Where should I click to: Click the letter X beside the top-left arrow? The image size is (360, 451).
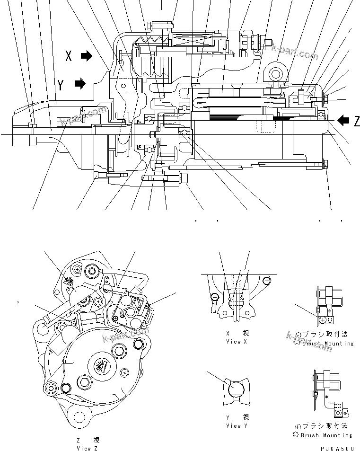click(69, 56)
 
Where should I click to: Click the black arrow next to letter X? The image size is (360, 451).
click(87, 56)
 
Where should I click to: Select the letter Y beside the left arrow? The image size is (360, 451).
click(61, 85)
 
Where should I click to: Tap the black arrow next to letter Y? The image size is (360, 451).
click(80, 85)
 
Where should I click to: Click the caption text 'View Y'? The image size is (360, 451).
click(233, 425)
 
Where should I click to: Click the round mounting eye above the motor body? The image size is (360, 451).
click(275, 72)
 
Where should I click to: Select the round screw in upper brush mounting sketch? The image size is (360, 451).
click(323, 320)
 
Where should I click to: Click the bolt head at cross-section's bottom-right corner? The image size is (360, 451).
click(326, 165)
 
